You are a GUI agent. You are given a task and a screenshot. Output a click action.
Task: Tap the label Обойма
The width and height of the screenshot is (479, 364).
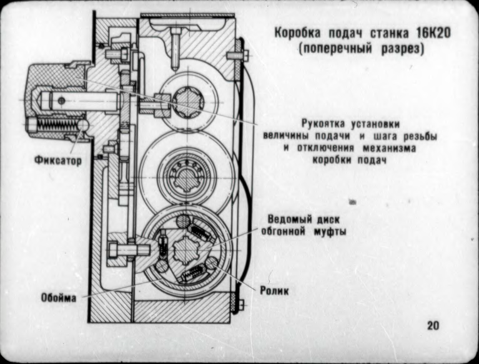point(60,297)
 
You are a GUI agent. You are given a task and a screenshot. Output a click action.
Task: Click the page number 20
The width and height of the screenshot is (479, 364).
point(433,325)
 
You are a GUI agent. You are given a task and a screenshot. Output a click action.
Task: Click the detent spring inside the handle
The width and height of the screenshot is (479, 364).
point(52,126)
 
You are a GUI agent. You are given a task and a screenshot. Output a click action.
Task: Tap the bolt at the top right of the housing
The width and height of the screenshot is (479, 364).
point(237,55)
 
